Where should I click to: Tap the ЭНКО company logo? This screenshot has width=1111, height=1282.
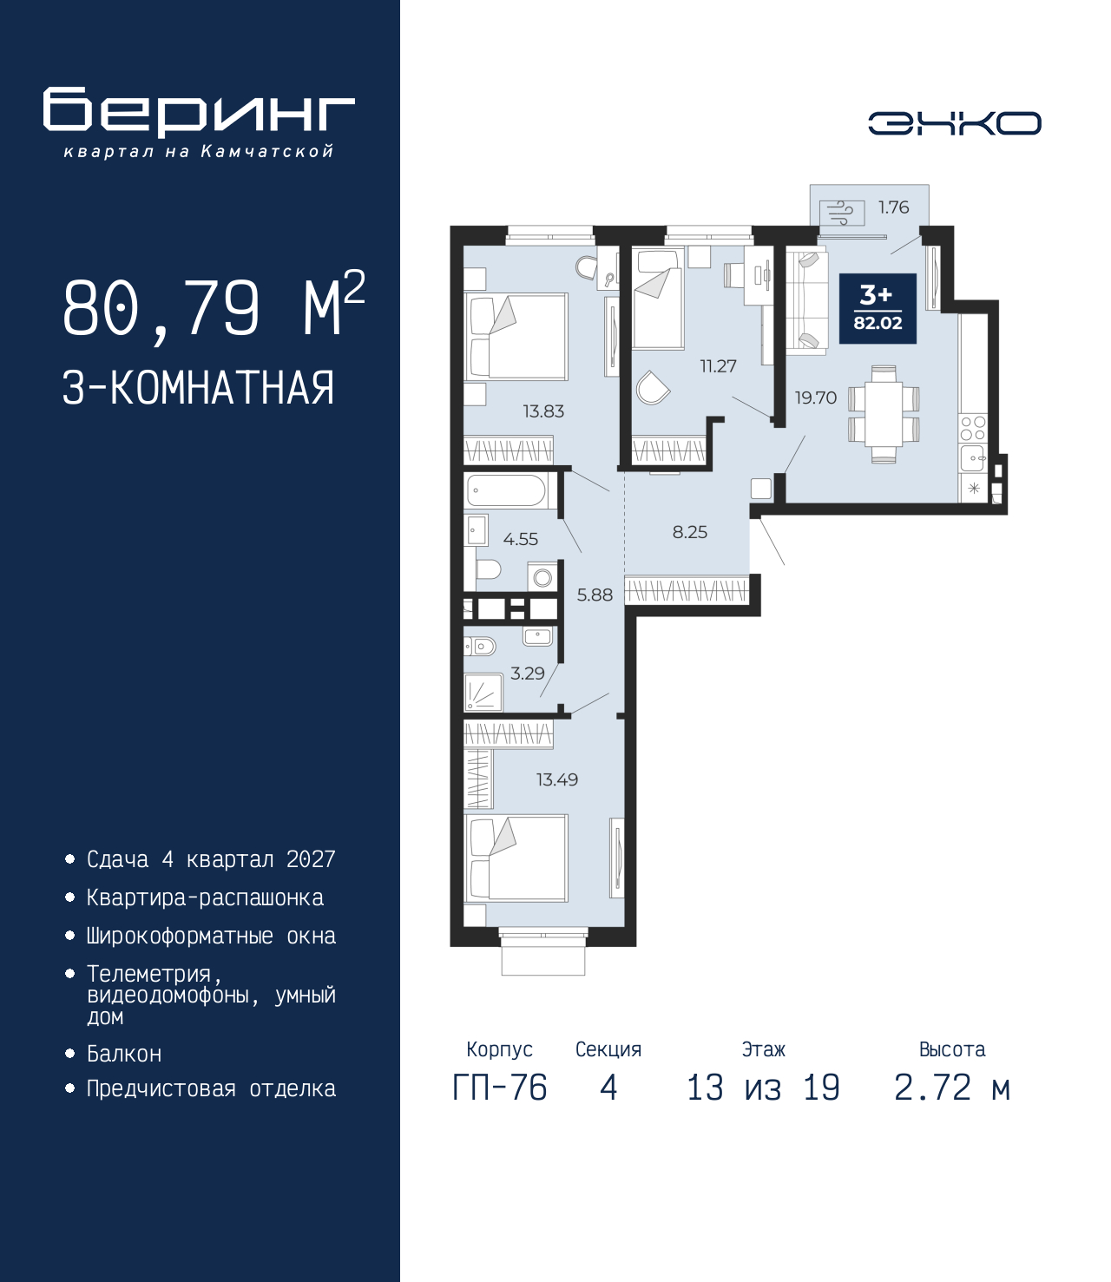(x=954, y=123)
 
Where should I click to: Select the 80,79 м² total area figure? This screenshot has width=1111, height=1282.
(x=214, y=308)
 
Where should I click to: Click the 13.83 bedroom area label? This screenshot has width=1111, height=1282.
(x=543, y=411)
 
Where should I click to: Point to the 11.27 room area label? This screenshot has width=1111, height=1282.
(x=718, y=366)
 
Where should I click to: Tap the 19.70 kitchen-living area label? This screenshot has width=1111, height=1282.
(x=816, y=398)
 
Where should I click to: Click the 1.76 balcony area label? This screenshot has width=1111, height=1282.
(x=893, y=207)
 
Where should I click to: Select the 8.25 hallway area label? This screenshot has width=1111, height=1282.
(x=690, y=531)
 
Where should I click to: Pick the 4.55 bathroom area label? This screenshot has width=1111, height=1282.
(x=521, y=539)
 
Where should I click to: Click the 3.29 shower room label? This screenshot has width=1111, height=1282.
(x=527, y=673)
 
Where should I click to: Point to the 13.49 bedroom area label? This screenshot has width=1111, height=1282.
(x=557, y=779)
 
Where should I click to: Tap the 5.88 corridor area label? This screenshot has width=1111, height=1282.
(x=595, y=595)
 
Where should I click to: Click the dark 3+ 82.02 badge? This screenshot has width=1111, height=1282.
(x=878, y=308)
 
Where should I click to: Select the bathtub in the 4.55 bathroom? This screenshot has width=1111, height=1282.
(x=505, y=490)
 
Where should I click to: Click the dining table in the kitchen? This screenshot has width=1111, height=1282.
(x=884, y=414)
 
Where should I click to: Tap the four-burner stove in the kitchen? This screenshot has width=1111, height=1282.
(x=973, y=427)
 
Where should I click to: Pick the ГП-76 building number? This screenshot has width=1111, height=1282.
(x=499, y=1088)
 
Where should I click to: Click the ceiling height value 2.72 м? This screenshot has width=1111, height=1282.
(x=952, y=1088)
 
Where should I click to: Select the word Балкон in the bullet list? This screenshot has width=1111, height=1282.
(x=124, y=1054)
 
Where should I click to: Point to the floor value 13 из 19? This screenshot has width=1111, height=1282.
(x=763, y=1088)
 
